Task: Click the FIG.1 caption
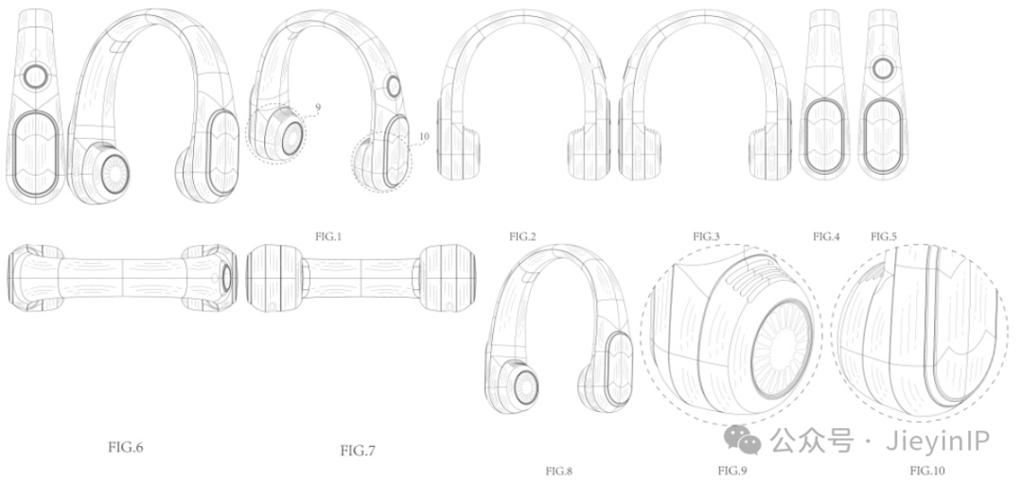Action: click(x=328, y=236)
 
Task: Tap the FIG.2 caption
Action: click(x=522, y=236)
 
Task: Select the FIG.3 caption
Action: click(x=706, y=236)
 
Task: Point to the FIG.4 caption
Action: click(x=826, y=237)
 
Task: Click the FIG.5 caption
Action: click(x=884, y=237)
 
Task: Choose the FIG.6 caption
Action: click(x=125, y=447)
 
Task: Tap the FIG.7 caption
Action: click(x=358, y=450)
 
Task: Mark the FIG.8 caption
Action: click(x=558, y=471)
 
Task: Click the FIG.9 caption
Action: click(x=731, y=471)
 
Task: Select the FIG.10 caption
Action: click(x=927, y=471)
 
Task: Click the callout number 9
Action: click(x=317, y=106)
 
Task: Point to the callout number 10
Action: click(x=424, y=137)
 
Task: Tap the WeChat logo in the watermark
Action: click(x=744, y=440)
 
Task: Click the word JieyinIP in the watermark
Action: click(x=938, y=441)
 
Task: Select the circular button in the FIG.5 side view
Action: click(x=883, y=68)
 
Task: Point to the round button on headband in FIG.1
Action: click(x=394, y=85)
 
